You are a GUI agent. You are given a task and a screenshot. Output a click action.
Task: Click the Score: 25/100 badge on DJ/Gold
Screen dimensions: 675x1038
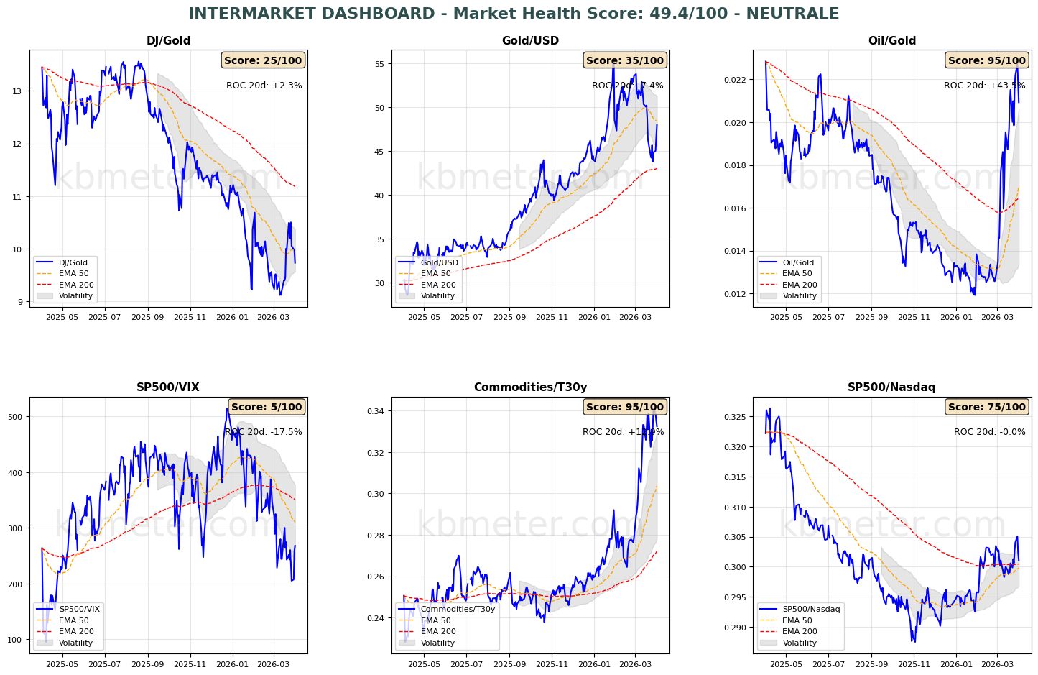pos(263,60)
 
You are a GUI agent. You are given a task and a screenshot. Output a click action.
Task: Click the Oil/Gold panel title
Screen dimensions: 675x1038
pos(892,41)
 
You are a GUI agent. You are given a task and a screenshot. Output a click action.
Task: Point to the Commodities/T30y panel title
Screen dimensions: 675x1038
pos(530,387)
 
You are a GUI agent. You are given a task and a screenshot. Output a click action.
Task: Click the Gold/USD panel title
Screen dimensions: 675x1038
pos(530,41)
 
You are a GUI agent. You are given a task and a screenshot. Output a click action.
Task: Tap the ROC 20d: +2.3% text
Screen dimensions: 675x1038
pos(264,86)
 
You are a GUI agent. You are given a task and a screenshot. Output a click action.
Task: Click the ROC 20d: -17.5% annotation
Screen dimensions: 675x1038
pos(263,432)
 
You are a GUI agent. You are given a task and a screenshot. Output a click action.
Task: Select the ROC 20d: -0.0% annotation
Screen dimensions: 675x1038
pos(989,432)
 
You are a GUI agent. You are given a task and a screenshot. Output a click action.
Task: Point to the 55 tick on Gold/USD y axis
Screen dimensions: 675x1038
pos(379,64)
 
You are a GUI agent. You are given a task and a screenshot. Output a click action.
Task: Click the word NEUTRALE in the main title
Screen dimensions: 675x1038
pos(796,14)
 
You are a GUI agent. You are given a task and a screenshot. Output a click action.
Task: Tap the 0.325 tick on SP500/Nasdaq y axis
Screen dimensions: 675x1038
pos(736,417)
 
